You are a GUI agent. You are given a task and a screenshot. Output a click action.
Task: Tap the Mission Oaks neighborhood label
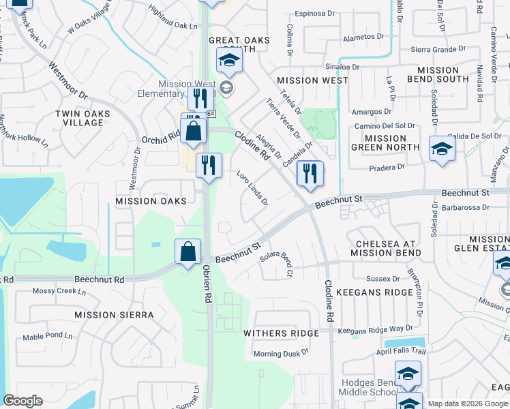click(151, 201)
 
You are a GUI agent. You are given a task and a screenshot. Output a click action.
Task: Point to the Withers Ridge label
click(282, 333)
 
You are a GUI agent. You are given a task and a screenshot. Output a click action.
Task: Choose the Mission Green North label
click(385, 142)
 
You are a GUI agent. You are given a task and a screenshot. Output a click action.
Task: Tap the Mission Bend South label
click(442, 74)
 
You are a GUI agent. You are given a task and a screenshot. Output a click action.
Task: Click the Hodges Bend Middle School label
click(368, 387)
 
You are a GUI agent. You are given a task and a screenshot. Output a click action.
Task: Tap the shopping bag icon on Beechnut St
click(188, 252)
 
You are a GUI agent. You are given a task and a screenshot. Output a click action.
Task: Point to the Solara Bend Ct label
click(277, 263)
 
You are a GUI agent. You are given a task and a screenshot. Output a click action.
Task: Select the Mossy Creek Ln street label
click(57, 291)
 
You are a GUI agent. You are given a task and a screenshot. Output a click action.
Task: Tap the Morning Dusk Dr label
click(281, 353)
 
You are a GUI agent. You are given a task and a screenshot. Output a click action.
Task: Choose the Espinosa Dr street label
click(316, 14)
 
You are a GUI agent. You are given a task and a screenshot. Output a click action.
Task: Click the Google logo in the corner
click(23, 401)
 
